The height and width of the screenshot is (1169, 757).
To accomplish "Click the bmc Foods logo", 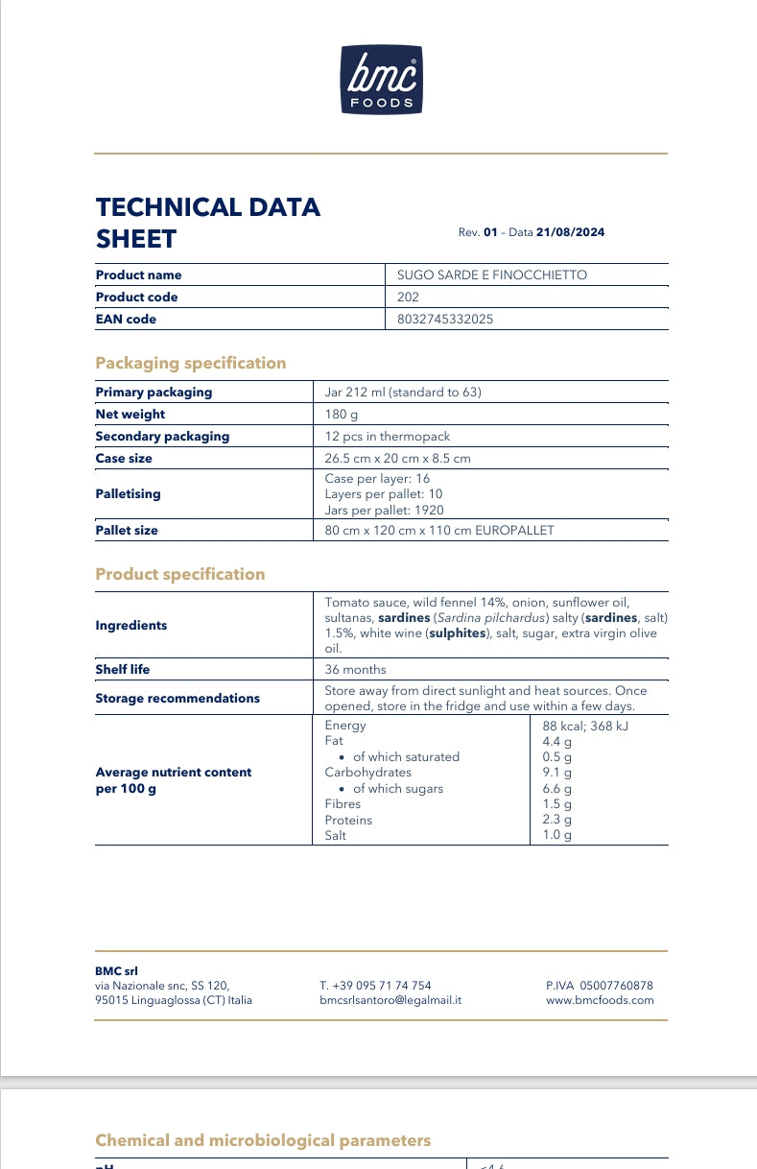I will pos(381,81).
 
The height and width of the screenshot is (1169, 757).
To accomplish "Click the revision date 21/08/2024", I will pos(571,232).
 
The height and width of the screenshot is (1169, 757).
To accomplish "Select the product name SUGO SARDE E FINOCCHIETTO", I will pos(491,275).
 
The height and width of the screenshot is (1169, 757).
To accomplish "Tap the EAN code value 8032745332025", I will pos(445,320).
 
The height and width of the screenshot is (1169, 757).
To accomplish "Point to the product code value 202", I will pos(408,298).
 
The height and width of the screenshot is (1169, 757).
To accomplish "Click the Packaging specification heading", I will pos(190,363).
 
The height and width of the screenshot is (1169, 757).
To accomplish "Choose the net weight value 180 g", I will pos(341,415).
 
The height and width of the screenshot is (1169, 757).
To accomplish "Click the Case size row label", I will pos(124,459).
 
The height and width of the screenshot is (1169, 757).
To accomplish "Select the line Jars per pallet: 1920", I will pos(384,511).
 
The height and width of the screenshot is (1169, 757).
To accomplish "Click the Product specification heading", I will pos(179,574).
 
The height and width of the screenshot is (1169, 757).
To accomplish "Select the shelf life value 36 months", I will pos(355,670).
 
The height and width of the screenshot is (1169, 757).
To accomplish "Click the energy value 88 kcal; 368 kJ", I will pos(585,726).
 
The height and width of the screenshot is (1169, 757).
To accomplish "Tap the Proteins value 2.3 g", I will pos(556,820).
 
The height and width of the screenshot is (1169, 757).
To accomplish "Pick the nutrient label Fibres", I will pos(343,804).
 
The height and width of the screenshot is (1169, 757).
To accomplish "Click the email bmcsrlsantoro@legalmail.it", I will pos(390,1000).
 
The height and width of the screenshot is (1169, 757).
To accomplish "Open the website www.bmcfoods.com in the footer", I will pos(599,1000).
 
